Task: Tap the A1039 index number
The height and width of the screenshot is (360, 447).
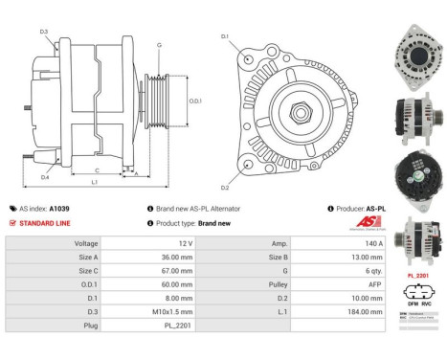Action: pos(59,208)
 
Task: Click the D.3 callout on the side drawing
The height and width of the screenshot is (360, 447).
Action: pos(44,33)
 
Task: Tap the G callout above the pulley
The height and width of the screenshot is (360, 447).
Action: pos(159,45)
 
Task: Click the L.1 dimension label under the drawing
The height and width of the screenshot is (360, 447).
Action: pos(94,181)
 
